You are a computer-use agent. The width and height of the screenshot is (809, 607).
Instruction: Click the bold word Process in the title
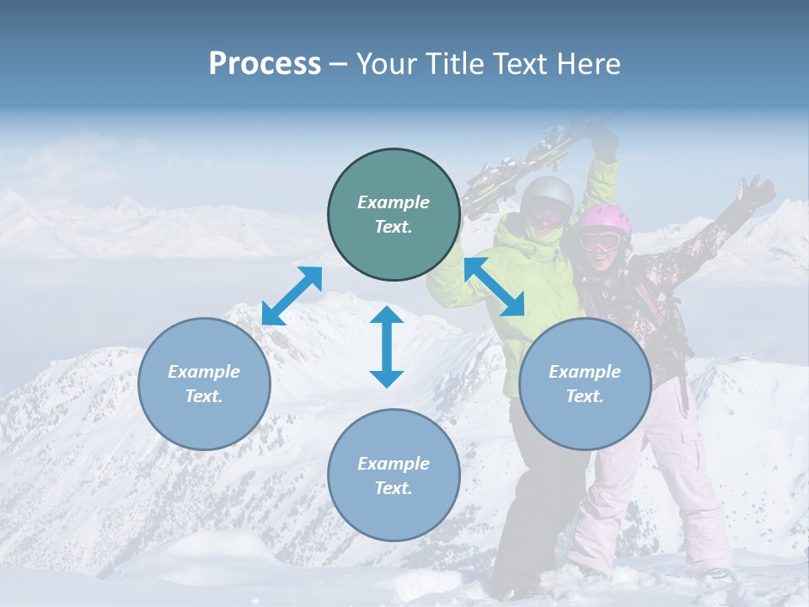coord(265,64)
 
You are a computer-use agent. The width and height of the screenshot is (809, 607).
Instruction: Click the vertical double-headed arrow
coord(387,346)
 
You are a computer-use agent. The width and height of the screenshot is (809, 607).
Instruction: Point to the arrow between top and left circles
coord(292,296)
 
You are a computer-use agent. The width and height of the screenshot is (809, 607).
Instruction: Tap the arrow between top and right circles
coord(494,287)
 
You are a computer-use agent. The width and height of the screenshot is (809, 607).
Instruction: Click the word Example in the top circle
coord(393,202)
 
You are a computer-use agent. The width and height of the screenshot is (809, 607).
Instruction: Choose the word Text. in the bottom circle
coord(393,488)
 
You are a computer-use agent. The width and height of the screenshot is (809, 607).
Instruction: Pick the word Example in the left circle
coord(204,372)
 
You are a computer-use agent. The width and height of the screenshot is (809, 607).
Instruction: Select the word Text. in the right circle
coord(584,396)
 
